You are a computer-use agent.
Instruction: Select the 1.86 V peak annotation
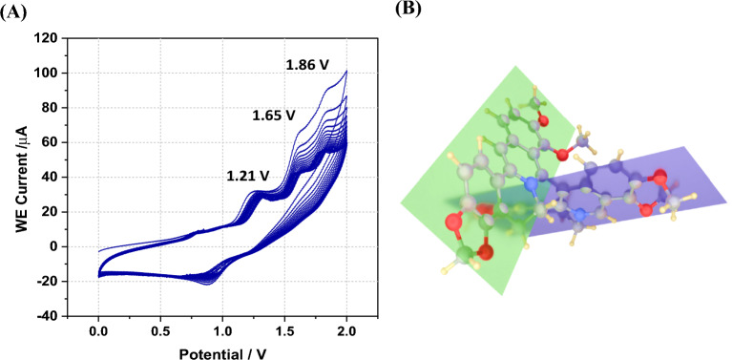pos(307,65)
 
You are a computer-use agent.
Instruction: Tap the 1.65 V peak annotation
pos(275,115)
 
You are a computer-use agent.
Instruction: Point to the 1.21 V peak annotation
pos(248,176)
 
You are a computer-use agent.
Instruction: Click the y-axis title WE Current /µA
pos(22,177)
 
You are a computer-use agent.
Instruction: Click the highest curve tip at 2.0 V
pos(346,71)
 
